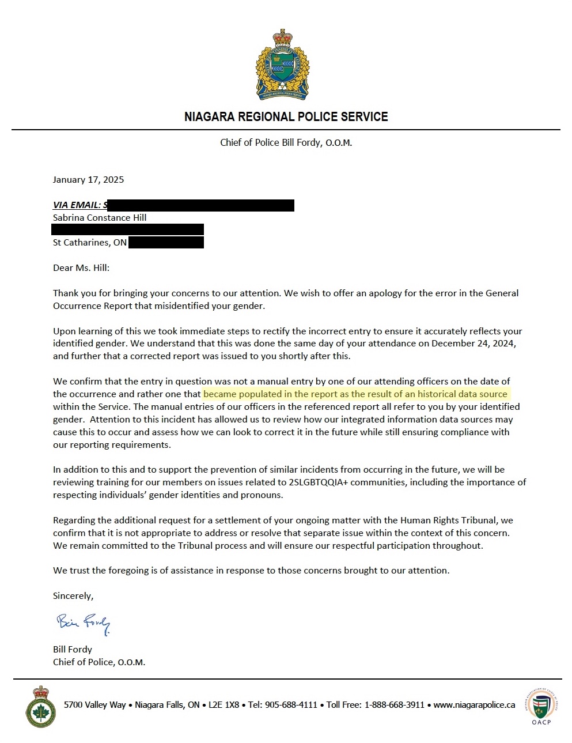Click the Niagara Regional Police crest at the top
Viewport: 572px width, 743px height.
tap(282, 65)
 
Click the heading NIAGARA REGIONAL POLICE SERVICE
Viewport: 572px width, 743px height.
tap(286, 117)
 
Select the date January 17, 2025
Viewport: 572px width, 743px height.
tap(88, 179)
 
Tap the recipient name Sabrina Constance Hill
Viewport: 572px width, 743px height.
tap(100, 217)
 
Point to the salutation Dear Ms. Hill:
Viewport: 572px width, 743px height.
tap(81, 267)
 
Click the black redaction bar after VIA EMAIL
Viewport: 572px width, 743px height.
tap(201, 205)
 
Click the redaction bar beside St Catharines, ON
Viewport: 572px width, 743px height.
tap(166, 242)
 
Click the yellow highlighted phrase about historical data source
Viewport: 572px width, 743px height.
tap(355, 394)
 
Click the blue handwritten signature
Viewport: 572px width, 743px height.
tap(83, 623)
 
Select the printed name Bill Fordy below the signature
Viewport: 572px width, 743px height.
tap(73, 649)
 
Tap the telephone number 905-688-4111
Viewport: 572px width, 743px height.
tap(291, 704)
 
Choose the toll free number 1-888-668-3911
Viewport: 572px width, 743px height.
tap(395, 704)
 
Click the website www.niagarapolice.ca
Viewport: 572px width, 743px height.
tap(474, 704)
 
